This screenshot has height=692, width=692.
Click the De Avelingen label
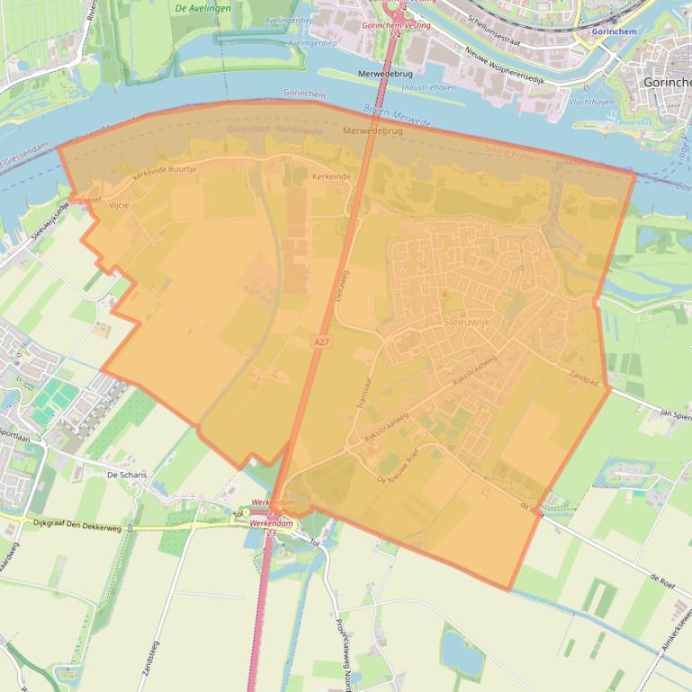(x=203, y=8)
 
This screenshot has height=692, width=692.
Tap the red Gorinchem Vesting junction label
(x=395, y=26)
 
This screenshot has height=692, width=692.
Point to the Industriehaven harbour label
(x=428, y=88)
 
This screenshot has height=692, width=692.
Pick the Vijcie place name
(x=119, y=205)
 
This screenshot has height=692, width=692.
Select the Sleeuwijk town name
(x=467, y=322)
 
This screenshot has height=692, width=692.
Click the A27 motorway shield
(x=321, y=342)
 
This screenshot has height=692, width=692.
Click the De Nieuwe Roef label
(x=398, y=467)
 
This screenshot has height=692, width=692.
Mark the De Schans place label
(x=126, y=474)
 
